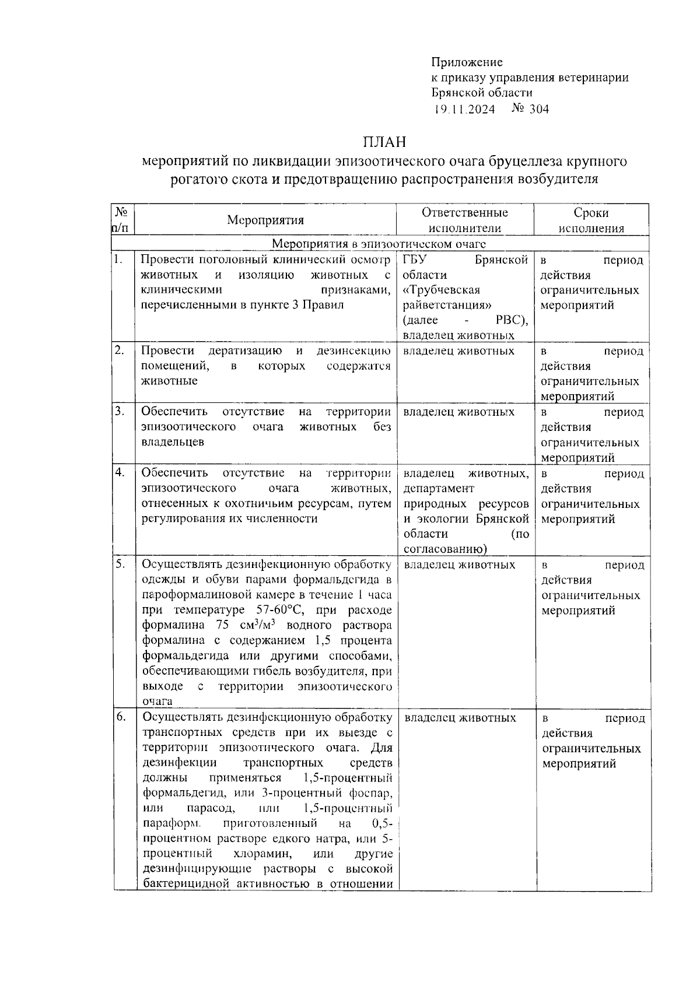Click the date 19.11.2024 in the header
464,109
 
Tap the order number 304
539,109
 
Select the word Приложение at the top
467,62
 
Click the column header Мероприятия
265,220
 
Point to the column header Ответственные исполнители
464,220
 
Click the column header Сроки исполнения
591,220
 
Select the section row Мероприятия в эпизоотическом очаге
379,244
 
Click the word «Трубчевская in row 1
441,290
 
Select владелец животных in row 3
459,412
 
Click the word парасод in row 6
210,809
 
